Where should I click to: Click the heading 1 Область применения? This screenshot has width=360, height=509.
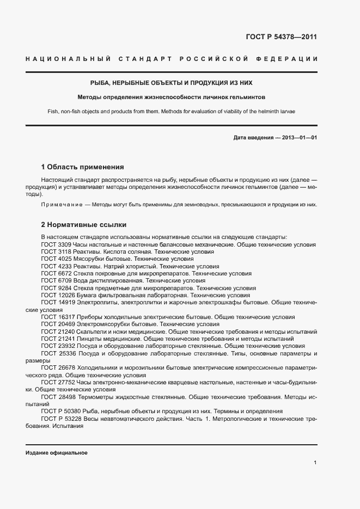(x=83, y=167)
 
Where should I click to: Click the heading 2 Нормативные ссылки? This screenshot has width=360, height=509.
(x=83, y=224)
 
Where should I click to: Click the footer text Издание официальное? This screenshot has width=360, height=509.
(x=57, y=453)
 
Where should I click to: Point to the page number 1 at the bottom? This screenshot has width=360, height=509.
(x=315, y=462)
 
